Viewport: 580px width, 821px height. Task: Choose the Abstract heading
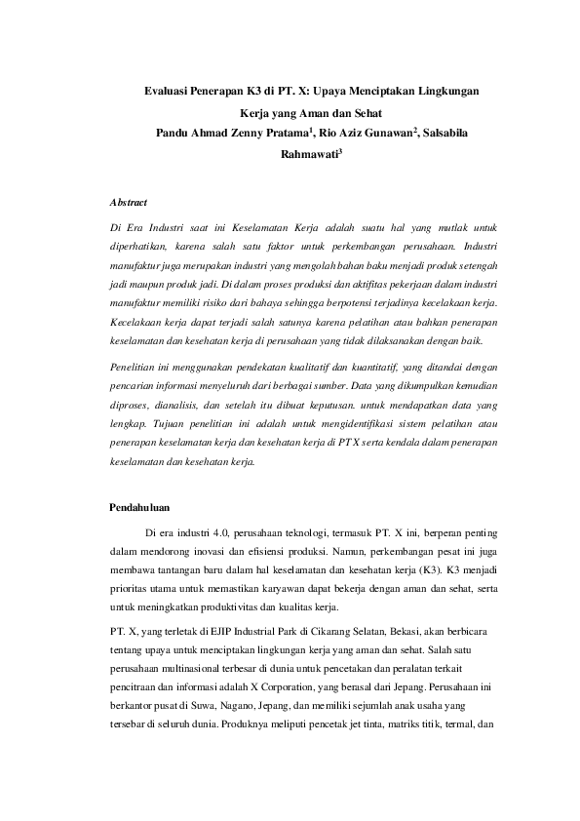128,203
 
